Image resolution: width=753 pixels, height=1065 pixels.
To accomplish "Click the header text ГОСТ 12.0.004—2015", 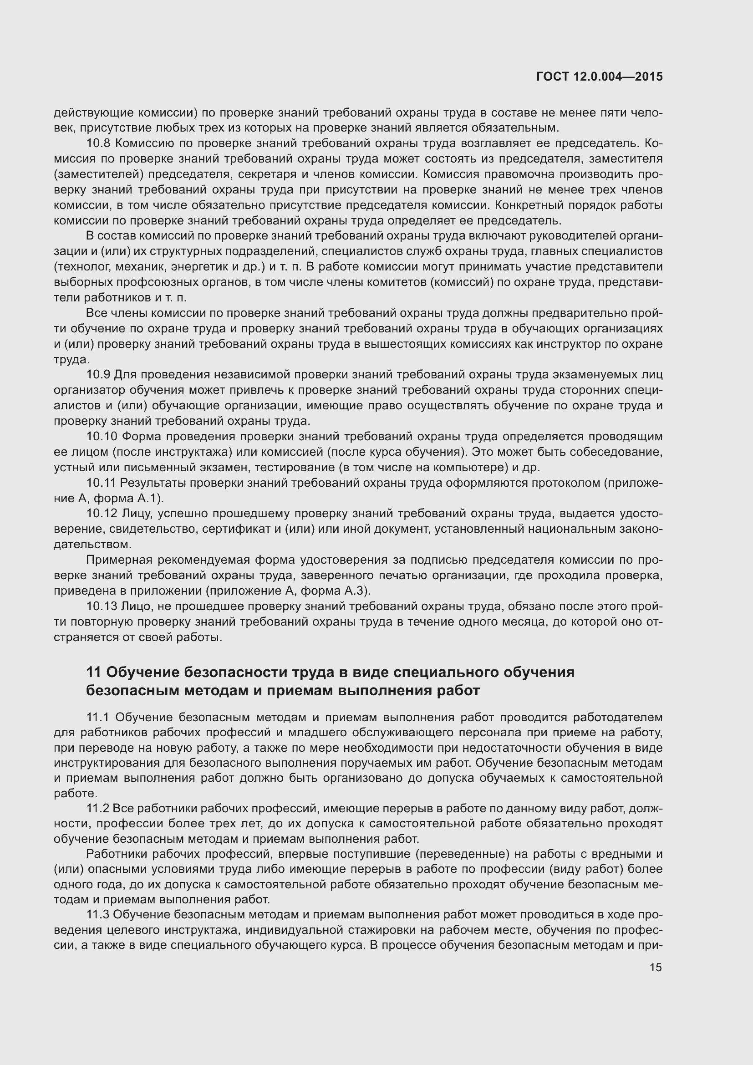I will click(599, 77).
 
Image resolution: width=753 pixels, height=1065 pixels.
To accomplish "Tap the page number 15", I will click(656, 968).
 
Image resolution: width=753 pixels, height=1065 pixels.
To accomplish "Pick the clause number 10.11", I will click(101, 483).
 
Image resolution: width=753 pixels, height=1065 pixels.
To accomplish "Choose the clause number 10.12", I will click(102, 514).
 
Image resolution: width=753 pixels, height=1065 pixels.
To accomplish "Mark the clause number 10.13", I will click(102, 606).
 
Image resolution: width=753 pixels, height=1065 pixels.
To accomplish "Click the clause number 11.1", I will click(98, 718).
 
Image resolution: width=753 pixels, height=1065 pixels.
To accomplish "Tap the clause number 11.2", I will click(98, 809).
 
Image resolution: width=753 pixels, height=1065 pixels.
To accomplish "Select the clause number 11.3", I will click(98, 915).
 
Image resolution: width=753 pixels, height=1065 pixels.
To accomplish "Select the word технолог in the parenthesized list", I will click(76, 267).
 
